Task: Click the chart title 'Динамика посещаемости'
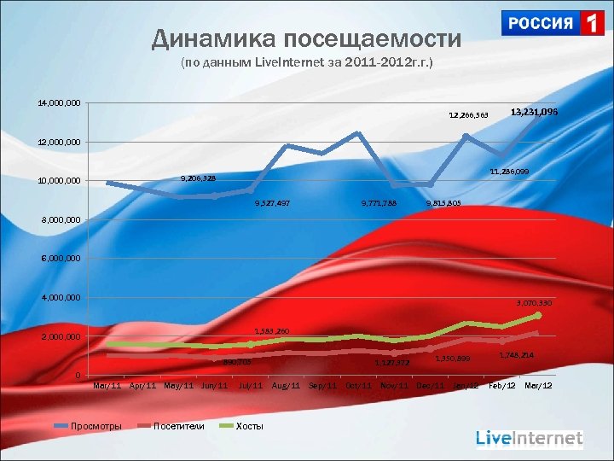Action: (x=306, y=38)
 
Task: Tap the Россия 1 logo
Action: (x=553, y=23)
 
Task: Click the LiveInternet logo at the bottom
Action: (x=529, y=439)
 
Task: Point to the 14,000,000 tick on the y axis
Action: (x=59, y=102)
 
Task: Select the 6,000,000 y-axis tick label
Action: (x=59, y=258)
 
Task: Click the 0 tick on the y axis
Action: (x=78, y=376)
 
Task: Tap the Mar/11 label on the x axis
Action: (x=107, y=386)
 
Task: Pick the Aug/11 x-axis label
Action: (x=286, y=386)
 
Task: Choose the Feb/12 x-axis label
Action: (x=501, y=386)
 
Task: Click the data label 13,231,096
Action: (x=534, y=112)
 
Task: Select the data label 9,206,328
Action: (x=198, y=178)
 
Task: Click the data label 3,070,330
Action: (x=534, y=303)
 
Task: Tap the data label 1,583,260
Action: (x=272, y=331)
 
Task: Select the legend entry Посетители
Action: (x=178, y=426)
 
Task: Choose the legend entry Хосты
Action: (x=249, y=426)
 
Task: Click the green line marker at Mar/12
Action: (x=538, y=315)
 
